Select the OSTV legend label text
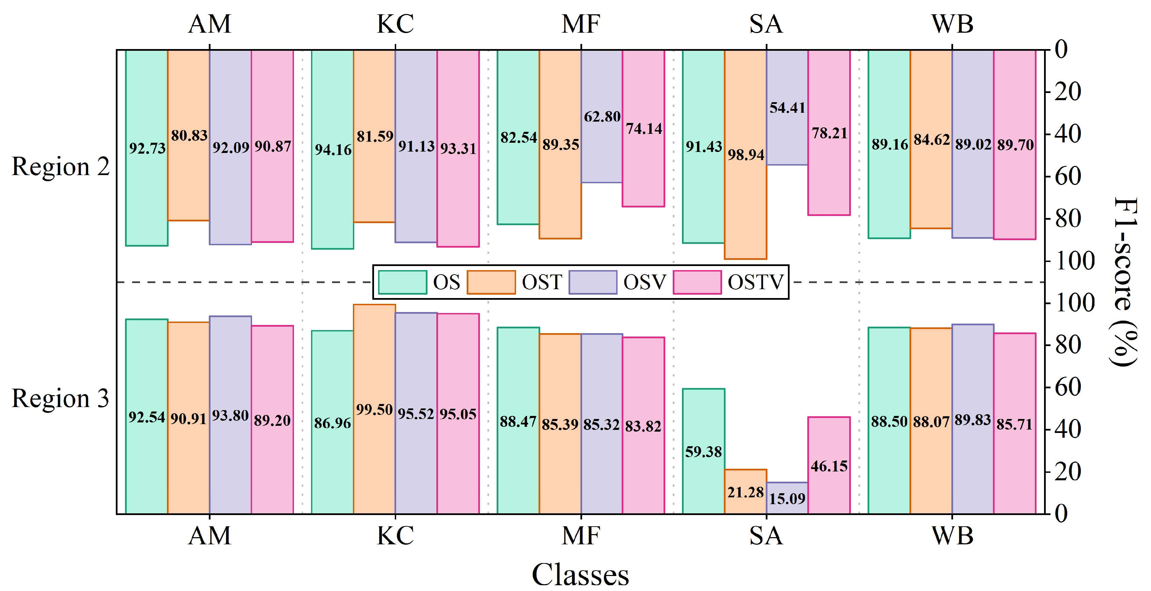[x=755, y=282]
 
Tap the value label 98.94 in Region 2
[x=746, y=155]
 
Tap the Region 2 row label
[x=60, y=167]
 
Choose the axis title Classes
[x=580, y=574]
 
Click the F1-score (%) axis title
[x=1124, y=281]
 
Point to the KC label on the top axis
[x=395, y=24]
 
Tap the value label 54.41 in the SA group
[x=787, y=108]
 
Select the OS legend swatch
[x=402, y=282]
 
